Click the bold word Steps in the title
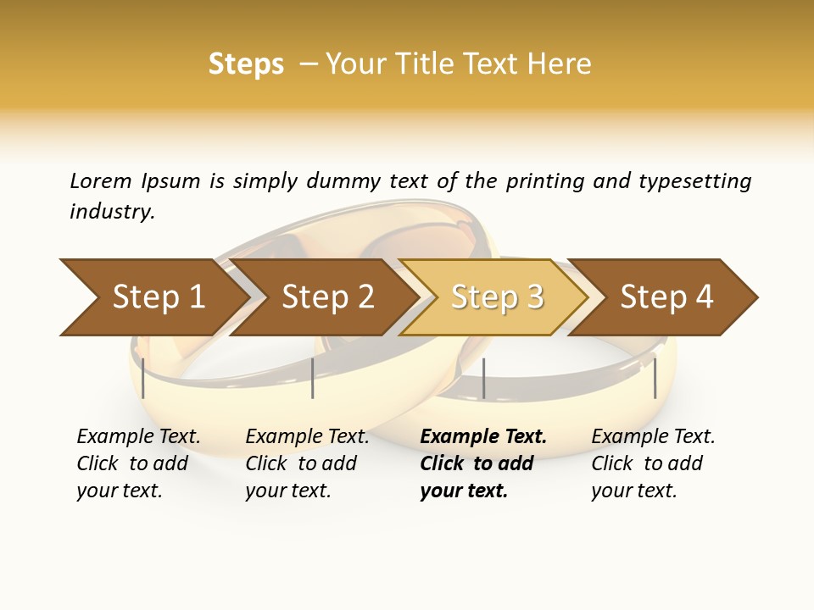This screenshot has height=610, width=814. [246, 64]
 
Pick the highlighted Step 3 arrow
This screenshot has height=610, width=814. [497, 297]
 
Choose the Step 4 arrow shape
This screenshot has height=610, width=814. [666, 297]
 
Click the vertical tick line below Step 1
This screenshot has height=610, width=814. [143, 378]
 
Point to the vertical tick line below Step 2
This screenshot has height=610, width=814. [313, 378]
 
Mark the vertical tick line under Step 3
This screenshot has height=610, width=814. [483, 378]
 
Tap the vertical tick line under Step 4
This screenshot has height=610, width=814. [655, 378]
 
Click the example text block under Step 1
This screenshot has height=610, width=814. [138, 463]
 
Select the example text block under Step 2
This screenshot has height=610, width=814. [307, 463]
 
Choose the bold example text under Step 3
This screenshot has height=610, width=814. [482, 463]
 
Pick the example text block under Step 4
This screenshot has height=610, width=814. [653, 463]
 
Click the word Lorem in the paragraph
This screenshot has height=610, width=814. [101, 181]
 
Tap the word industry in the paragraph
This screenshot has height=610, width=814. [112, 212]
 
